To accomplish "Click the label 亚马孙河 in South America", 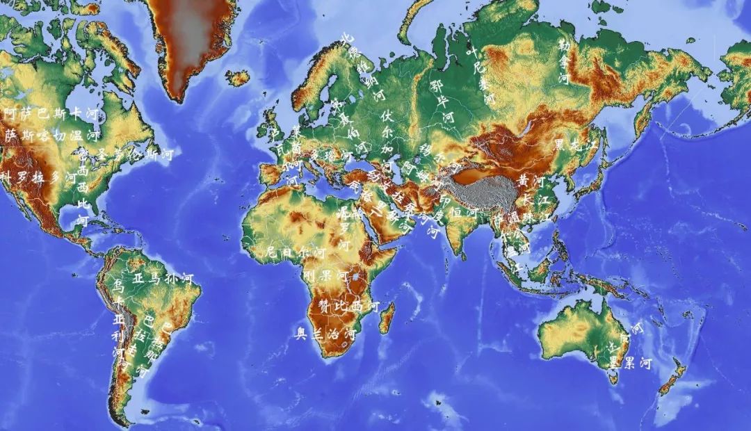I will coord(162,279).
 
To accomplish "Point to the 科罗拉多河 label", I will coord(38,177).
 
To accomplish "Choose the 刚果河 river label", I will coord(325,275).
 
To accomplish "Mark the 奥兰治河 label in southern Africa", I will coord(325,334).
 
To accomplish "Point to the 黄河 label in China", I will coord(531,181).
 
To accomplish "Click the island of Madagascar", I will coord(387,316).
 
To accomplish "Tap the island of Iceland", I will coord(237,77).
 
